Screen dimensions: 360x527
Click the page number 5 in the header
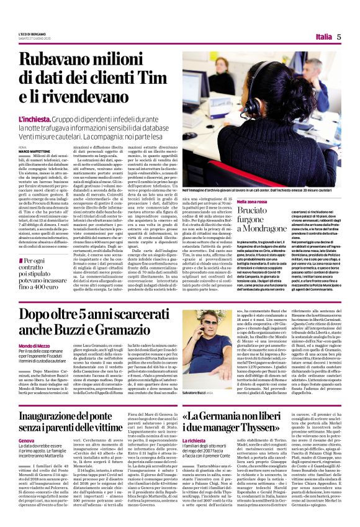339,37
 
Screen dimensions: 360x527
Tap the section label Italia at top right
323,37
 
